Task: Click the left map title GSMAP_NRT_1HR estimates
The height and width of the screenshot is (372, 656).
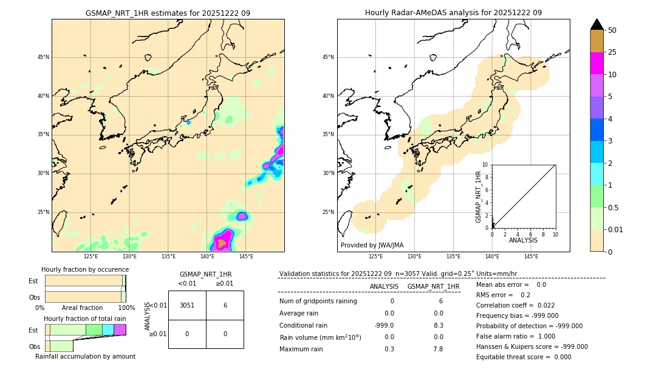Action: click(168, 13)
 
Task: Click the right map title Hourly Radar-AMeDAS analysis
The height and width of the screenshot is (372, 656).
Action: click(453, 13)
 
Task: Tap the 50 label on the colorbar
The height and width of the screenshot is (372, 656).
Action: click(612, 30)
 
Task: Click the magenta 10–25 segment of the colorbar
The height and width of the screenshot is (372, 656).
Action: click(596, 63)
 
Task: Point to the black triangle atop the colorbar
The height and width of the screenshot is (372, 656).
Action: click(596, 24)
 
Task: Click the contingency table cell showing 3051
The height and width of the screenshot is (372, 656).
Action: click(187, 305)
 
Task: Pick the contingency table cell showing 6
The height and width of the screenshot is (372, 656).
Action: click(225, 305)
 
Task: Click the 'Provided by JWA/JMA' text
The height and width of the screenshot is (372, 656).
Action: click(372, 245)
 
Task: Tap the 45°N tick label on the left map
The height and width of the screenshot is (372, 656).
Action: click(43, 57)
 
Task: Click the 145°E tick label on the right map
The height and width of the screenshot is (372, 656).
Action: click(531, 257)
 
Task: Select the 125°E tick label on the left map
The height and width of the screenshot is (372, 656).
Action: click(91, 257)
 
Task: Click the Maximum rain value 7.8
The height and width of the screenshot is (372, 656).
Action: click(437, 349)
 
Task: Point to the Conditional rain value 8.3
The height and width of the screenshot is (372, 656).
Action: click(437, 325)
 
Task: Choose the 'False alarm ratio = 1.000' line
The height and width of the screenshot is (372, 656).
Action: click(516, 336)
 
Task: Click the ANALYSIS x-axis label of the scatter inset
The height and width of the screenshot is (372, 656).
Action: click(523, 240)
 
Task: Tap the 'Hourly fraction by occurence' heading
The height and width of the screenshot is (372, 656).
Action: click(85, 269)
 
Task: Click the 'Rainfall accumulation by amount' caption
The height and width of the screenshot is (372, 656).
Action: click(85, 356)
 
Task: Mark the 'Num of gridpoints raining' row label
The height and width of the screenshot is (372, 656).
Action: click(318, 301)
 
